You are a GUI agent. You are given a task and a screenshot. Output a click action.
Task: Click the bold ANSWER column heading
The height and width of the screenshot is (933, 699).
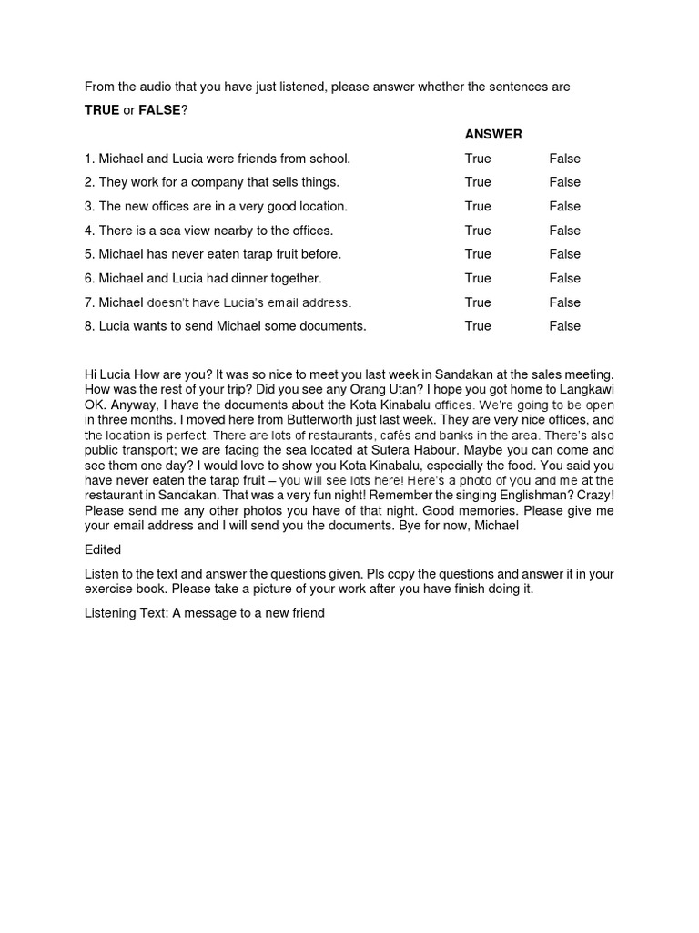(x=493, y=134)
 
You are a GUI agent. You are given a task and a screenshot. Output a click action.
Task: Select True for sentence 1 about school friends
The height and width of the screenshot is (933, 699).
(x=478, y=159)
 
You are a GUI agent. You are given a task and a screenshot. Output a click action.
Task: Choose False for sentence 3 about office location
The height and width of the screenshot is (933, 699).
(x=564, y=206)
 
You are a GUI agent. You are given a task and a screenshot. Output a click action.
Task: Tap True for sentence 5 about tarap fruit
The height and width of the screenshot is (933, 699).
(x=478, y=254)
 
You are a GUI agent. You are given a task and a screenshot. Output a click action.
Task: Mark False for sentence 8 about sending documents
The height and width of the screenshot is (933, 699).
(x=564, y=326)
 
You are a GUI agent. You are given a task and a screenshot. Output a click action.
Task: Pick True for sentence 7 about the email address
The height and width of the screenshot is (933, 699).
(x=478, y=302)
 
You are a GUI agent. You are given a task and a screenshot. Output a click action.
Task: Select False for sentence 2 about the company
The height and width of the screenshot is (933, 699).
(x=564, y=182)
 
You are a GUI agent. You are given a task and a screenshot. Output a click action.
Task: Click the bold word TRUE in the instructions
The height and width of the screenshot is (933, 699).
(x=102, y=110)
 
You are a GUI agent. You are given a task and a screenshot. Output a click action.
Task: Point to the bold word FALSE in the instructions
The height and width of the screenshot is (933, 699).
(x=159, y=110)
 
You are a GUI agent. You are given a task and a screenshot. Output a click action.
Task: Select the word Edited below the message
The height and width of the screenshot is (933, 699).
(x=103, y=549)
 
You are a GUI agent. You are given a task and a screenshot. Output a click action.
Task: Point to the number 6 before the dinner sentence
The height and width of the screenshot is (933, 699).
(x=88, y=278)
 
